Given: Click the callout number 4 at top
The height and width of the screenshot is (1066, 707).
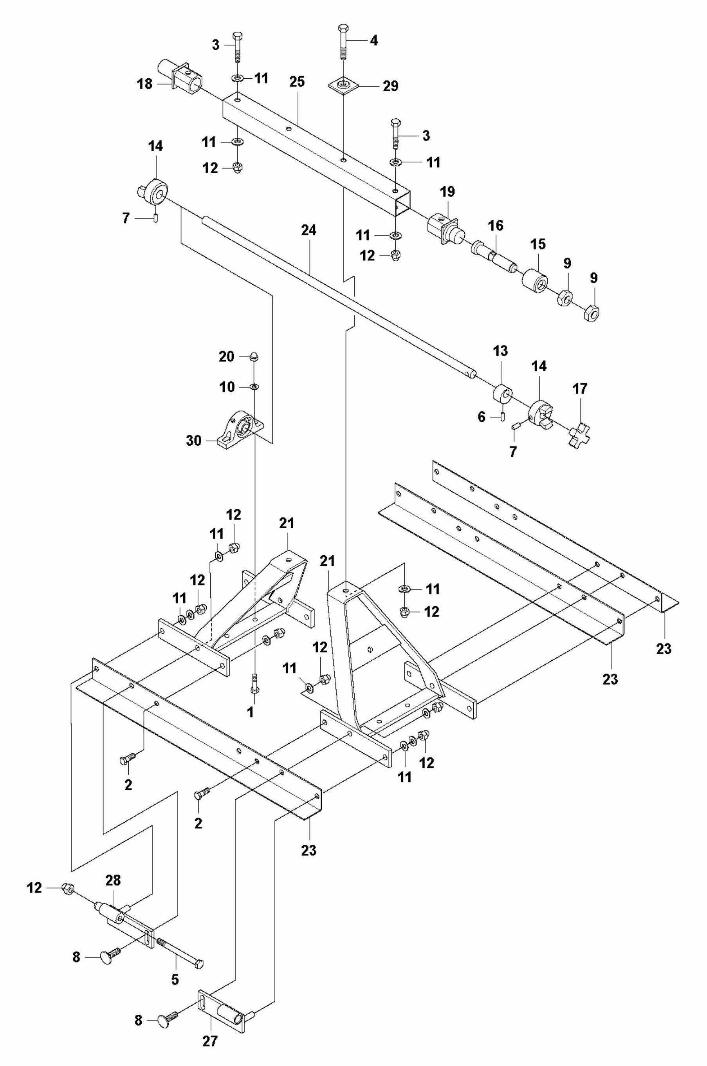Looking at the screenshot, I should (x=373, y=41).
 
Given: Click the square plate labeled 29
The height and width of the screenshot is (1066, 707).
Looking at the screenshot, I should (x=344, y=85).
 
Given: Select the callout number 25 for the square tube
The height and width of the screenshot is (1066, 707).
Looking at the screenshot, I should (x=297, y=82).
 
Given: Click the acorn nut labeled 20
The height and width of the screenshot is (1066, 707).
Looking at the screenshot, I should (x=254, y=357).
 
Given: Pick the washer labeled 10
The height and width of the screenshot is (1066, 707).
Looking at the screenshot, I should (x=254, y=387).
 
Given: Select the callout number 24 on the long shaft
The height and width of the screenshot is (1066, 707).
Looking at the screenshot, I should (x=309, y=230).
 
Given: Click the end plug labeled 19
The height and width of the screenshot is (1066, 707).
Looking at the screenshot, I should (x=444, y=230).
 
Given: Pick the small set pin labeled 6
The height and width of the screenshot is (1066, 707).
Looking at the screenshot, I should (x=502, y=415).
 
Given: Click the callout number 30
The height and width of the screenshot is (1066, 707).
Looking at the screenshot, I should (x=194, y=440).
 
